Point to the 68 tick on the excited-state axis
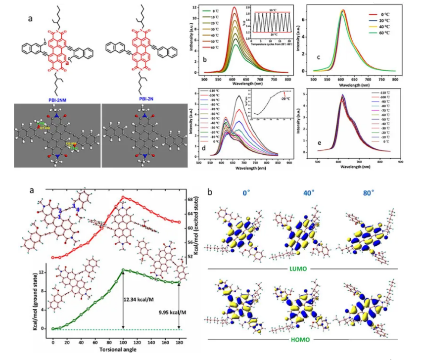pyautogui.click(x=190, y=199)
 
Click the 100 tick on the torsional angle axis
pyautogui.click(x=123, y=342)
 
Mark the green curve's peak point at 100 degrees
pyautogui.click(x=123, y=270)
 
